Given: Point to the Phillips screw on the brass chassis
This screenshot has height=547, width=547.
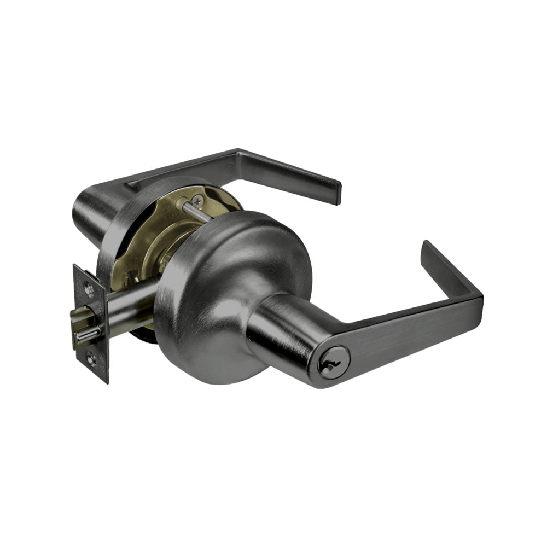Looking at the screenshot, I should click(x=197, y=201).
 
